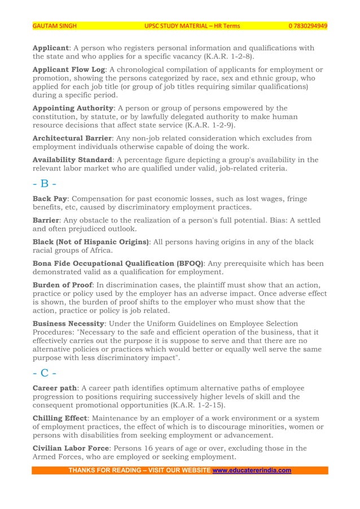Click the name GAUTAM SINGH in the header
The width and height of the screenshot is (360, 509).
click(x=54, y=26)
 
